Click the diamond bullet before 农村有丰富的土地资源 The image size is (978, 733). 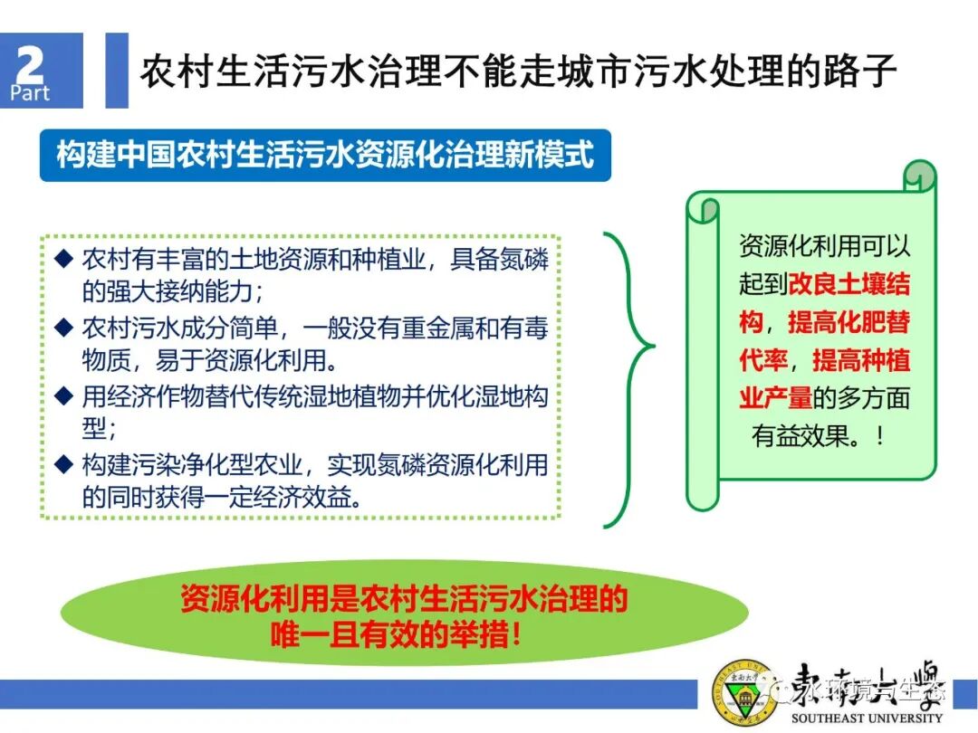62,259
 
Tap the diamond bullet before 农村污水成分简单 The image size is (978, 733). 62,328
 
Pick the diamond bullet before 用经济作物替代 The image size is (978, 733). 62,396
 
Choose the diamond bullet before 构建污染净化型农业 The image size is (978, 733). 62,465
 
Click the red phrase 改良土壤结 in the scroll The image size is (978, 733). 849,284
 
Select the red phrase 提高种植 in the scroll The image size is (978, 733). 860,362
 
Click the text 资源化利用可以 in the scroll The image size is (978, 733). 824,246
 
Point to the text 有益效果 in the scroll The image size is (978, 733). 802,437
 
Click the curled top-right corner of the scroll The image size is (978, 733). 919,176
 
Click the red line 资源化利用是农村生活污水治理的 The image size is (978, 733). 403,600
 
